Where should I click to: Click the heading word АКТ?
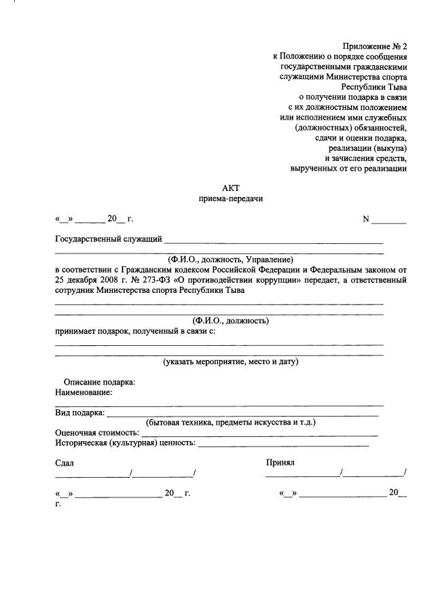(x=230, y=188)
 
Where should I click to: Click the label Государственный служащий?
(x=108, y=239)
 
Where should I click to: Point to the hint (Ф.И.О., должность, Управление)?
(x=230, y=259)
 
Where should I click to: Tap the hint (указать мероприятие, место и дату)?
(x=230, y=362)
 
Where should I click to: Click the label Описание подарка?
(x=99, y=382)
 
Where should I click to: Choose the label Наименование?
(x=84, y=392)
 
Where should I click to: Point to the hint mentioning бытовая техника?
(x=230, y=422)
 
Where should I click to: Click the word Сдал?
(x=65, y=463)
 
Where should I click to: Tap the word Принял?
(x=280, y=463)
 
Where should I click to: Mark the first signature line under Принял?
(x=303, y=476)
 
